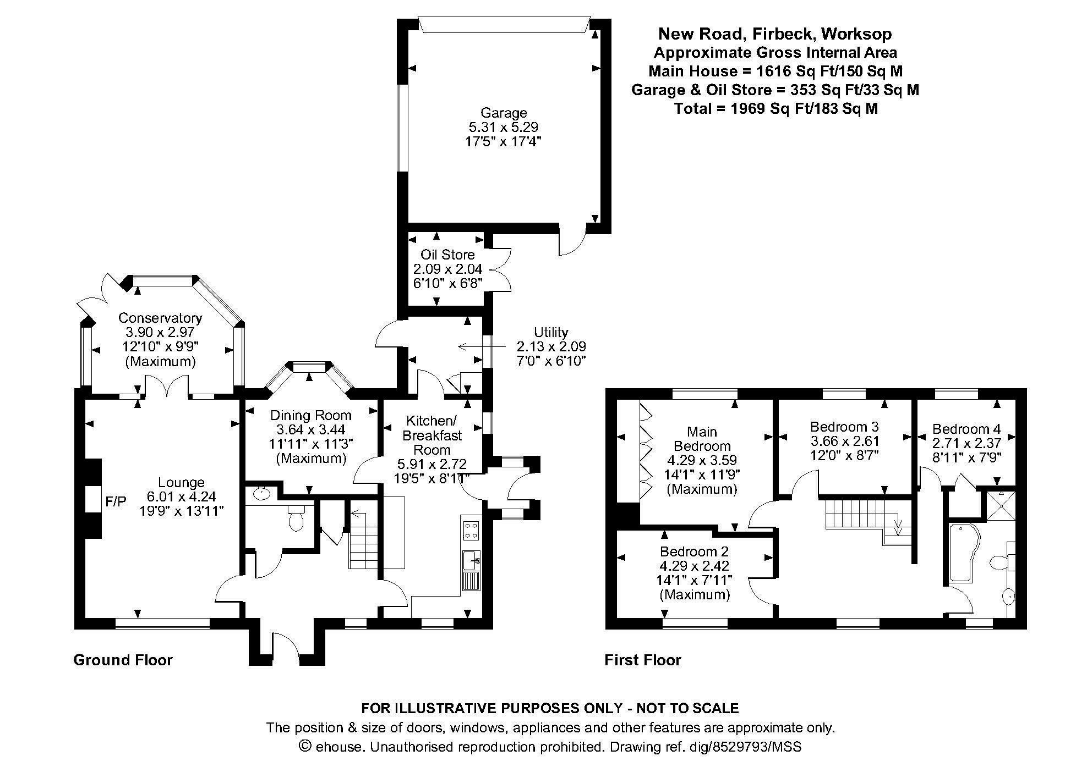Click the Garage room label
503,113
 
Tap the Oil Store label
447,255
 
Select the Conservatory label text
160,318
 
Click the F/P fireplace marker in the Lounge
116,501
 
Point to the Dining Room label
310,416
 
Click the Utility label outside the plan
551,332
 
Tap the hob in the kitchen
471,529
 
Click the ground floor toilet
296,517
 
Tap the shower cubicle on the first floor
998,506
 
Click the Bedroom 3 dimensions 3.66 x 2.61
844,441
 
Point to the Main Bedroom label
702,439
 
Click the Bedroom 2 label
695,551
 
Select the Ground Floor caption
123,660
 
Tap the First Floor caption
643,660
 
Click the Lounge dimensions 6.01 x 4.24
181,496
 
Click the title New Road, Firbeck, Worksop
775,34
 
